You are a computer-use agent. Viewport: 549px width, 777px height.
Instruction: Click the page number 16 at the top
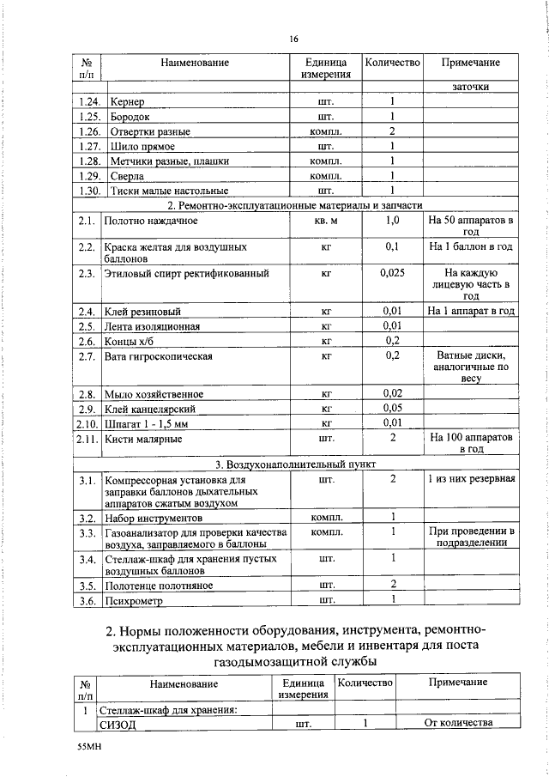point(293,39)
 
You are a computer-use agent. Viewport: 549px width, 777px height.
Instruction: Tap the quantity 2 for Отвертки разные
point(391,131)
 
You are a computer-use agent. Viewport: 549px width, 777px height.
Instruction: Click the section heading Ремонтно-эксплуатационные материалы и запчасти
point(295,205)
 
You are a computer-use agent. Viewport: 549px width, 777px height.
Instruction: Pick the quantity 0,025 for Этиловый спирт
point(391,273)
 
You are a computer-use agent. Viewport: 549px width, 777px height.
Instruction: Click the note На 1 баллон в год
point(470,246)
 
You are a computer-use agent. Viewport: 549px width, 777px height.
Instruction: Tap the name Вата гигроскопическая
point(158,355)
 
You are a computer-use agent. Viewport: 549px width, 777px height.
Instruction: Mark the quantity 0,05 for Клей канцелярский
point(392,408)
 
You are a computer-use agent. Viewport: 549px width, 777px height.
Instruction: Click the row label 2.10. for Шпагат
point(84,422)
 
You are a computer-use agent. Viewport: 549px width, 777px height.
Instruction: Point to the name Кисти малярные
point(142,438)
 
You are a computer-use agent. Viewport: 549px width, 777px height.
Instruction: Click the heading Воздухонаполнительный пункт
point(295,464)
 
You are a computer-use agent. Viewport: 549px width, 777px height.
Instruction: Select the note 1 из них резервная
point(471,478)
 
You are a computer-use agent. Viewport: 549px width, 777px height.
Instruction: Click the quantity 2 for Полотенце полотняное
point(392,584)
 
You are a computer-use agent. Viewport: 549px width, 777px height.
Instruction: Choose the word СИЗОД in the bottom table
point(119,724)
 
